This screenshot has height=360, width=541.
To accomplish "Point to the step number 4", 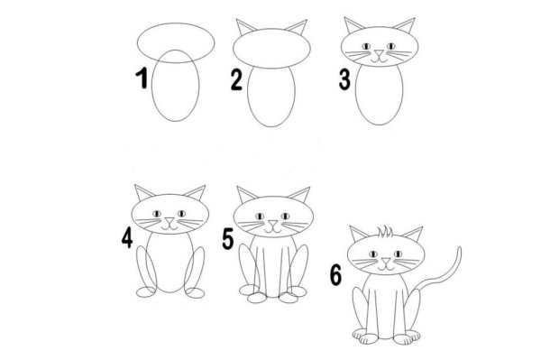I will pos(126,238).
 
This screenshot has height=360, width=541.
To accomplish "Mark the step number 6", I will pos(335,274).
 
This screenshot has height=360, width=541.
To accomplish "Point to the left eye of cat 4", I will pos(158,214).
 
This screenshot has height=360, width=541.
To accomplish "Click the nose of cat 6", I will pos(386,263).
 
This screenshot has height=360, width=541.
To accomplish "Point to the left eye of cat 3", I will pos(366,43).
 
